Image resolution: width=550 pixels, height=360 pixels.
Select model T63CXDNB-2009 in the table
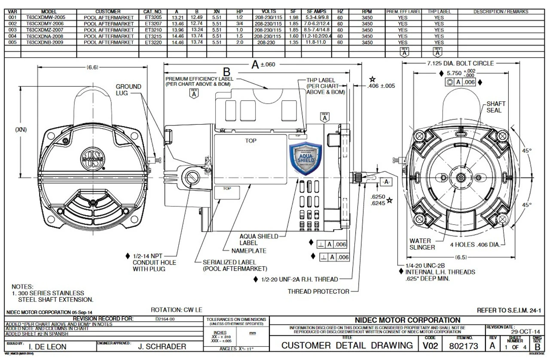coord(48,43)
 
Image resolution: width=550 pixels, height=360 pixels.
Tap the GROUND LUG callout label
coord(128,90)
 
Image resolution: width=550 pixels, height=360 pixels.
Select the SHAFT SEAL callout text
coord(496,107)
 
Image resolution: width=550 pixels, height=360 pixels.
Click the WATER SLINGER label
coord(422,244)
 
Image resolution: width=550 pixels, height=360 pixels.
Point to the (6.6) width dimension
coord(92,67)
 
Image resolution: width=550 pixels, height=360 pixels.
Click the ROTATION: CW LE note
coord(176,310)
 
